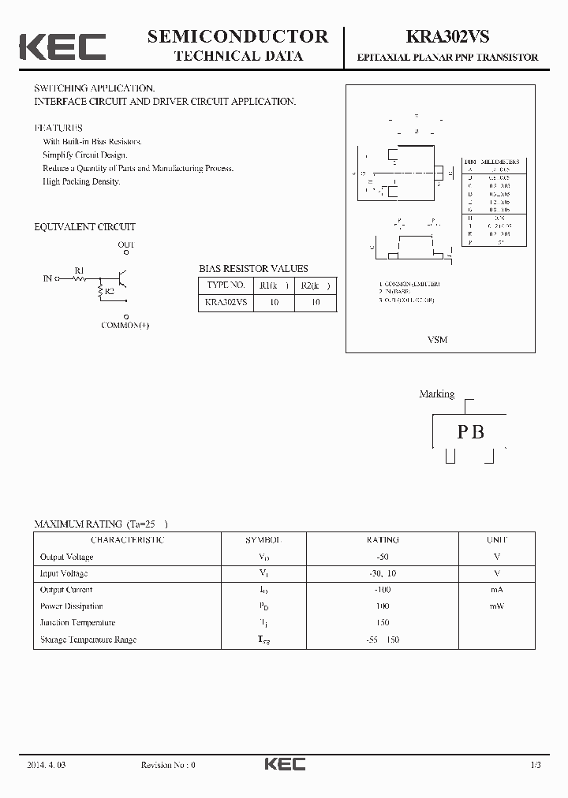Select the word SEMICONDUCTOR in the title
point(237,36)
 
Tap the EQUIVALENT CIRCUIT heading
point(84,227)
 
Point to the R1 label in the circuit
point(79,270)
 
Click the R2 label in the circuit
point(110,292)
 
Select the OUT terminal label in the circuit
point(126,245)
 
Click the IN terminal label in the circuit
point(47,278)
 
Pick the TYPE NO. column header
point(225,285)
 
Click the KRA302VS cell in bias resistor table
point(226,302)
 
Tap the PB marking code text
point(471,431)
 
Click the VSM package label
point(437,340)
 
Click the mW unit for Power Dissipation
point(497,606)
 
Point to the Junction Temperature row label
point(77,623)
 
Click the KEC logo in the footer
point(284,764)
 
